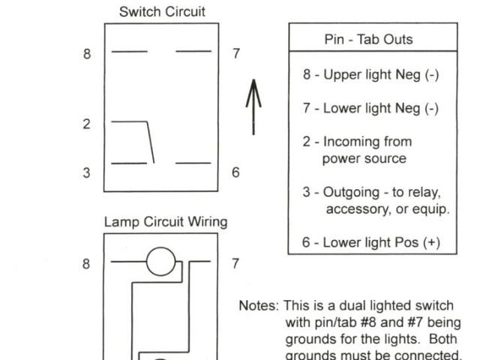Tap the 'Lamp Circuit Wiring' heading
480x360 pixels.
click(x=165, y=223)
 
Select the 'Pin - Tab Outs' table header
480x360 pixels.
click(x=372, y=39)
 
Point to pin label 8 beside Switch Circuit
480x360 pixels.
click(x=88, y=54)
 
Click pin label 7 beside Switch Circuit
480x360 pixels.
click(x=236, y=54)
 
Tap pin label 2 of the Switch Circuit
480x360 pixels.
click(x=87, y=124)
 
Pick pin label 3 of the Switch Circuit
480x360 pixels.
click(x=87, y=172)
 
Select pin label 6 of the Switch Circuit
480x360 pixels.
click(x=235, y=172)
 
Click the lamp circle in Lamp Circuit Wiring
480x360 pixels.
click(x=160, y=262)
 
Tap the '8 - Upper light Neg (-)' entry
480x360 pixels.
click(x=370, y=75)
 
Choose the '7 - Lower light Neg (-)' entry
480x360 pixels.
click(x=370, y=108)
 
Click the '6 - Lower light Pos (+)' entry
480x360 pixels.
click(x=371, y=242)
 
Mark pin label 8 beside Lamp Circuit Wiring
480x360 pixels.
click(x=87, y=263)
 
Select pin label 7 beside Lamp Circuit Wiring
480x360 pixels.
click(x=235, y=263)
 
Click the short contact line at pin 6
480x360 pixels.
click(x=193, y=163)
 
